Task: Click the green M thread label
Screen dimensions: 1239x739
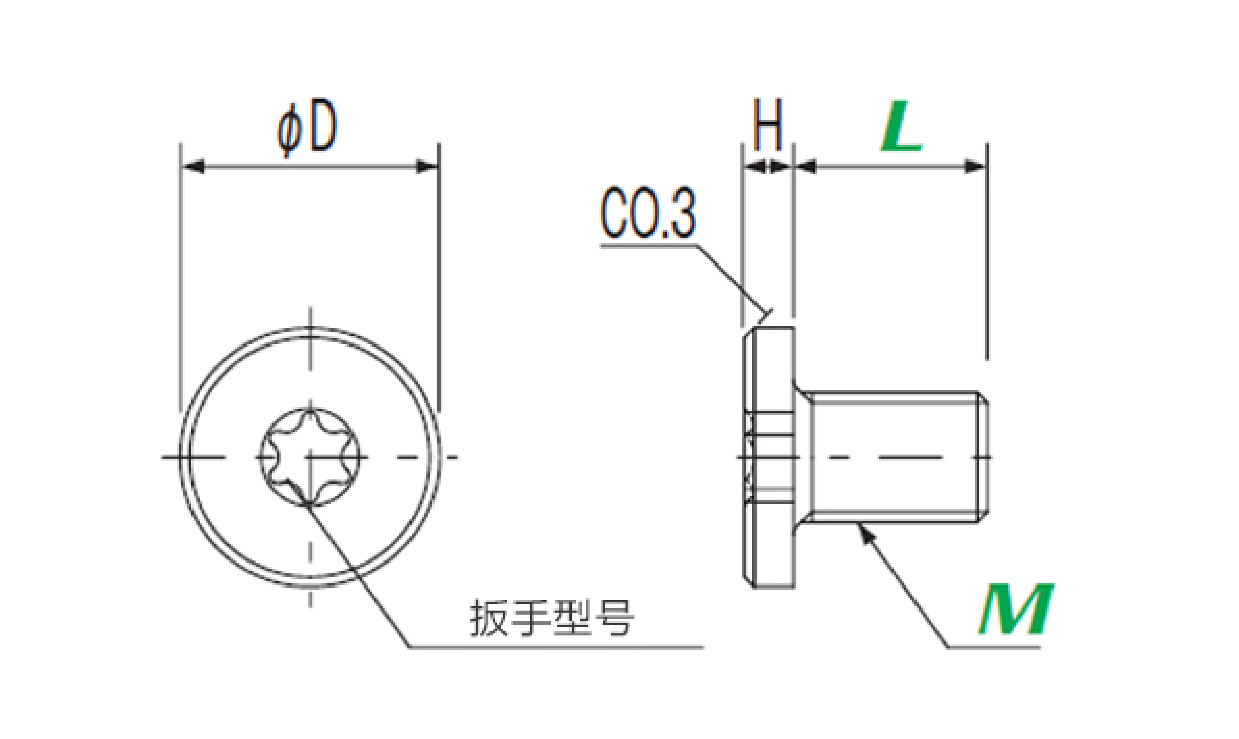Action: point(1015,610)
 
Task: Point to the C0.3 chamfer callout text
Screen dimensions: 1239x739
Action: point(648,213)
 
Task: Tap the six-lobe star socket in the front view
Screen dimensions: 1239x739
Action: point(310,457)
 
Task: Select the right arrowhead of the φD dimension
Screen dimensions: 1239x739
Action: point(427,166)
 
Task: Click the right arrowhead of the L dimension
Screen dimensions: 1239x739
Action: point(975,166)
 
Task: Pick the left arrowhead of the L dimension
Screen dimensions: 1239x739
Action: point(805,166)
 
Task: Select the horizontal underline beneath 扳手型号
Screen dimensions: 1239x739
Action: point(557,647)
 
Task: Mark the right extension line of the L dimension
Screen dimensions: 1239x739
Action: point(988,251)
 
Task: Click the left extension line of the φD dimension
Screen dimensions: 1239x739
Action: point(181,278)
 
